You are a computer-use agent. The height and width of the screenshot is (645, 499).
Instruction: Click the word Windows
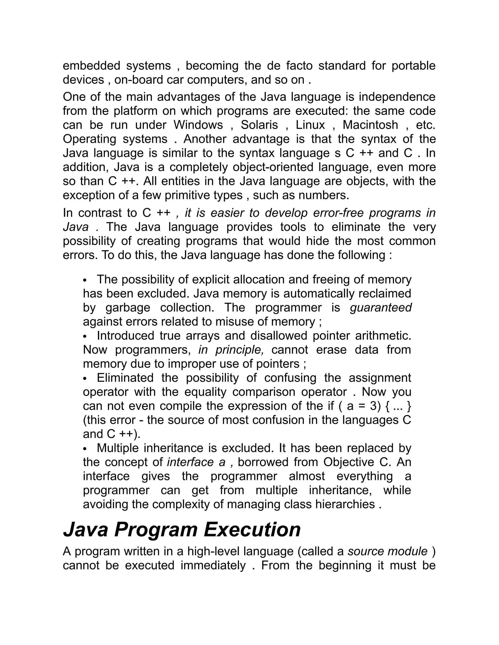point(198,125)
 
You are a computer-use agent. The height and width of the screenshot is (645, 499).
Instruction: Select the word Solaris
point(259,125)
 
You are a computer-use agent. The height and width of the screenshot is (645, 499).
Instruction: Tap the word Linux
point(310,125)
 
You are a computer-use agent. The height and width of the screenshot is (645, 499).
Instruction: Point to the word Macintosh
point(370,125)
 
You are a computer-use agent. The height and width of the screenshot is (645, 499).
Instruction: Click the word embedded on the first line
point(91,65)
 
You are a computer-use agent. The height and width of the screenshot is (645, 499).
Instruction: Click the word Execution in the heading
point(252,530)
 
